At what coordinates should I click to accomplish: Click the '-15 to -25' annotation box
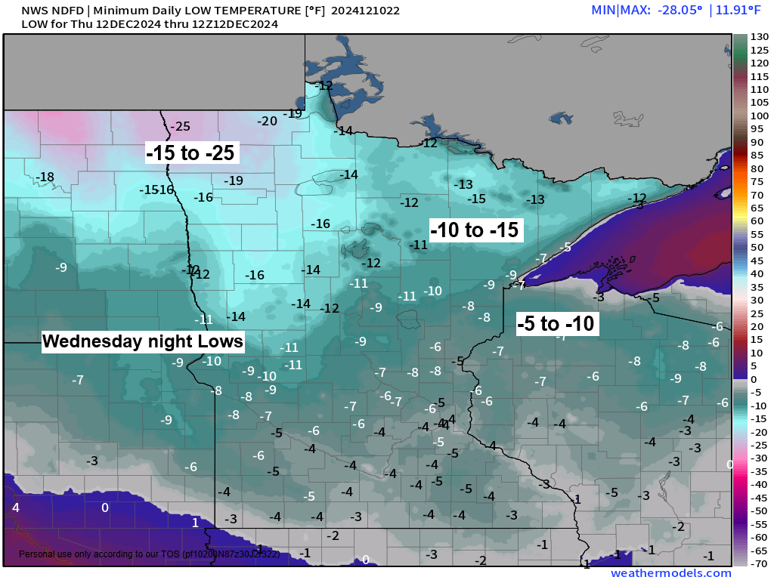192,153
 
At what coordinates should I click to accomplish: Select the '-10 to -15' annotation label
475,230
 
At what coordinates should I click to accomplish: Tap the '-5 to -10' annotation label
557,324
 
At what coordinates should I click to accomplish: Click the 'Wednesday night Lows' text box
143,341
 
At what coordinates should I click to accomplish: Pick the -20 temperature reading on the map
267,121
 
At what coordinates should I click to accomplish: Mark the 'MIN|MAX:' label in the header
616,11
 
